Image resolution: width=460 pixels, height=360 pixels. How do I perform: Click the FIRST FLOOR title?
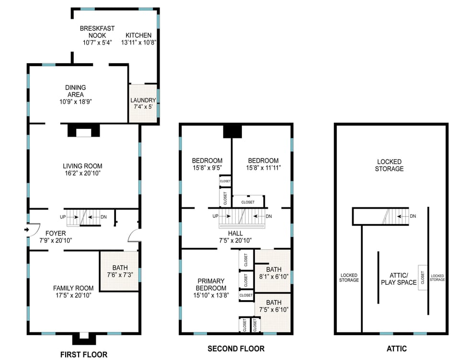[83, 354]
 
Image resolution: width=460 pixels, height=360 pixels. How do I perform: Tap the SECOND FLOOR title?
[236, 349]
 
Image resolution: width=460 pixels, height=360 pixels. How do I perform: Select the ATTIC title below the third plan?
[397, 349]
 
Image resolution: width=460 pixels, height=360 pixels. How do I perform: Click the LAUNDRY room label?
[143, 100]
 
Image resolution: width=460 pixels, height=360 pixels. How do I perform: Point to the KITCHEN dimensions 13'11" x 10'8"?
[138, 43]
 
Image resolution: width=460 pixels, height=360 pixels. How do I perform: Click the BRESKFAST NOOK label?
[97, 32]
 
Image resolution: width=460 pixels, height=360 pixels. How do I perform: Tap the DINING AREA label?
[76, 91]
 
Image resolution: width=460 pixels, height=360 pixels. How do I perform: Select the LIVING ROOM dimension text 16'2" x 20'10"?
[82, 173]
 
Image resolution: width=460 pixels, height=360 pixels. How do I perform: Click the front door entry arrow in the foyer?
[27, 229]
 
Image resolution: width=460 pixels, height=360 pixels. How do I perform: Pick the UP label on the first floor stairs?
[63, 217]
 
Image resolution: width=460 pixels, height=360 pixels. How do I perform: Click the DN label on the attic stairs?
[413, 216]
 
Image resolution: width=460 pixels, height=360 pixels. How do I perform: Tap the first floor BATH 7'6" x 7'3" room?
[120, 271]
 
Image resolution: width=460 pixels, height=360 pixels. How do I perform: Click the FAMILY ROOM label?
[73, 288]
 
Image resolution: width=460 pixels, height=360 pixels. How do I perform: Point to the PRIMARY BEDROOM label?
[211, 284]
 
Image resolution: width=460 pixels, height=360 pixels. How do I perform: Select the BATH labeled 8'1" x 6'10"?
[274, 273]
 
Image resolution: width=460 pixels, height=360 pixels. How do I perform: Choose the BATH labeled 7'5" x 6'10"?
[274, 306]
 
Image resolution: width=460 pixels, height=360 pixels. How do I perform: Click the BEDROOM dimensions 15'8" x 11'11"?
[264, 168]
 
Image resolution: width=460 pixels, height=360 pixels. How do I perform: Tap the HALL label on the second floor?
[235, 233]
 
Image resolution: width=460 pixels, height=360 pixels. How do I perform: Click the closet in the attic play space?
[423, 278]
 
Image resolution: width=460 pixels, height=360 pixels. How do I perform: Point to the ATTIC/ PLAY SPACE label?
[399, 279]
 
